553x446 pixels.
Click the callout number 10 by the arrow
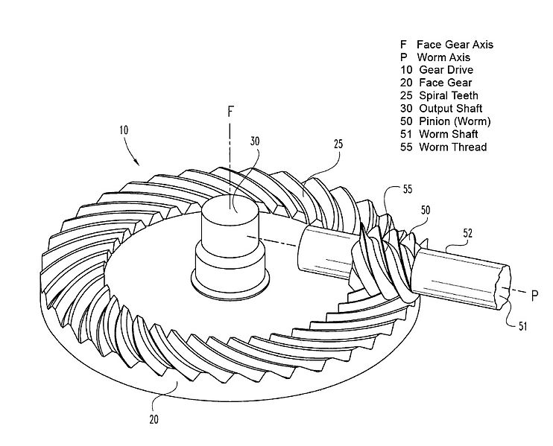pyautogui.click(x=123, y=129)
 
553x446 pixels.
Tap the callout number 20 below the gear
pyautogui.click(x=153, y=419)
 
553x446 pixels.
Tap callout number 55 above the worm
pyautogui.click(x=406, y=190)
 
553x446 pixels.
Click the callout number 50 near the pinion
pyautogui.click(x=424, y=211)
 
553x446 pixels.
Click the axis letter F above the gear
pyautogui.click(x=231, y=112)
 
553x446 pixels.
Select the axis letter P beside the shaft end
pyautogui.click(x=534, y=295)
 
